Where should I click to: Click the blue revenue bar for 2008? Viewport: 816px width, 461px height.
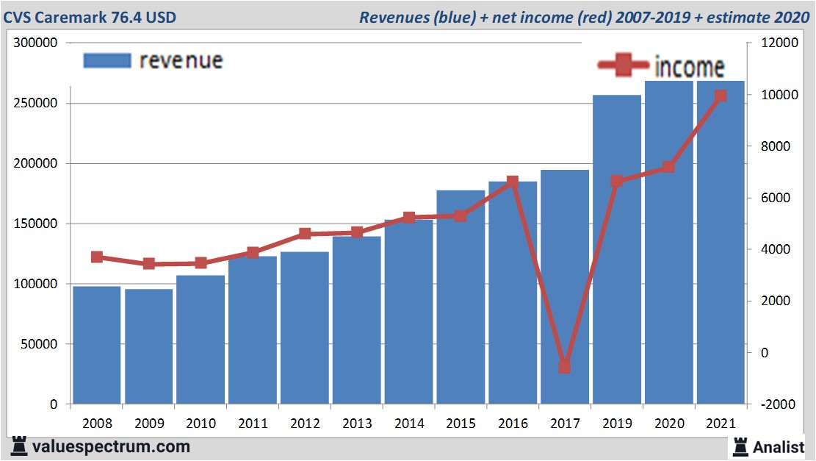pos(96,346)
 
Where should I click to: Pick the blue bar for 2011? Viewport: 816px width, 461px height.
pos(253,331)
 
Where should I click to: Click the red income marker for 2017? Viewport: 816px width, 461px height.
pos(564,367)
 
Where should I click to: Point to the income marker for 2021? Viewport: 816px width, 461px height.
pos(721,96)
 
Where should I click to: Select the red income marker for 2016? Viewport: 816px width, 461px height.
pos(513,181)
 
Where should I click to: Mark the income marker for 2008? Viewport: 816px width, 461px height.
pos(97,257)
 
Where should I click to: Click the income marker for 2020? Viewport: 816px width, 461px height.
pos(668,167)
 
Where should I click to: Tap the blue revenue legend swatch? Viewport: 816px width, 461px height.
pos(107,60)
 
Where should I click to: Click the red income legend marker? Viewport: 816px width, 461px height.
pos(624,66)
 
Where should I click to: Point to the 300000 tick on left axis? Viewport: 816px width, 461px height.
pos(36,43)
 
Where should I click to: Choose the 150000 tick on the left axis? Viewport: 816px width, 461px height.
pos(36,224)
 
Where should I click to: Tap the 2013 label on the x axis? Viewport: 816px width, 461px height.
pos(357,424)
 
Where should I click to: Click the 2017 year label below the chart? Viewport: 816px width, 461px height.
pos(565,424)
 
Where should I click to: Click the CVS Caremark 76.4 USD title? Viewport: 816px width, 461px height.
pos(90,16)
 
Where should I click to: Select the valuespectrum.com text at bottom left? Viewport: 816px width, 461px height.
pos(110,446)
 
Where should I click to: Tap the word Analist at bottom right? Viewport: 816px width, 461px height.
pos(779,446)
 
